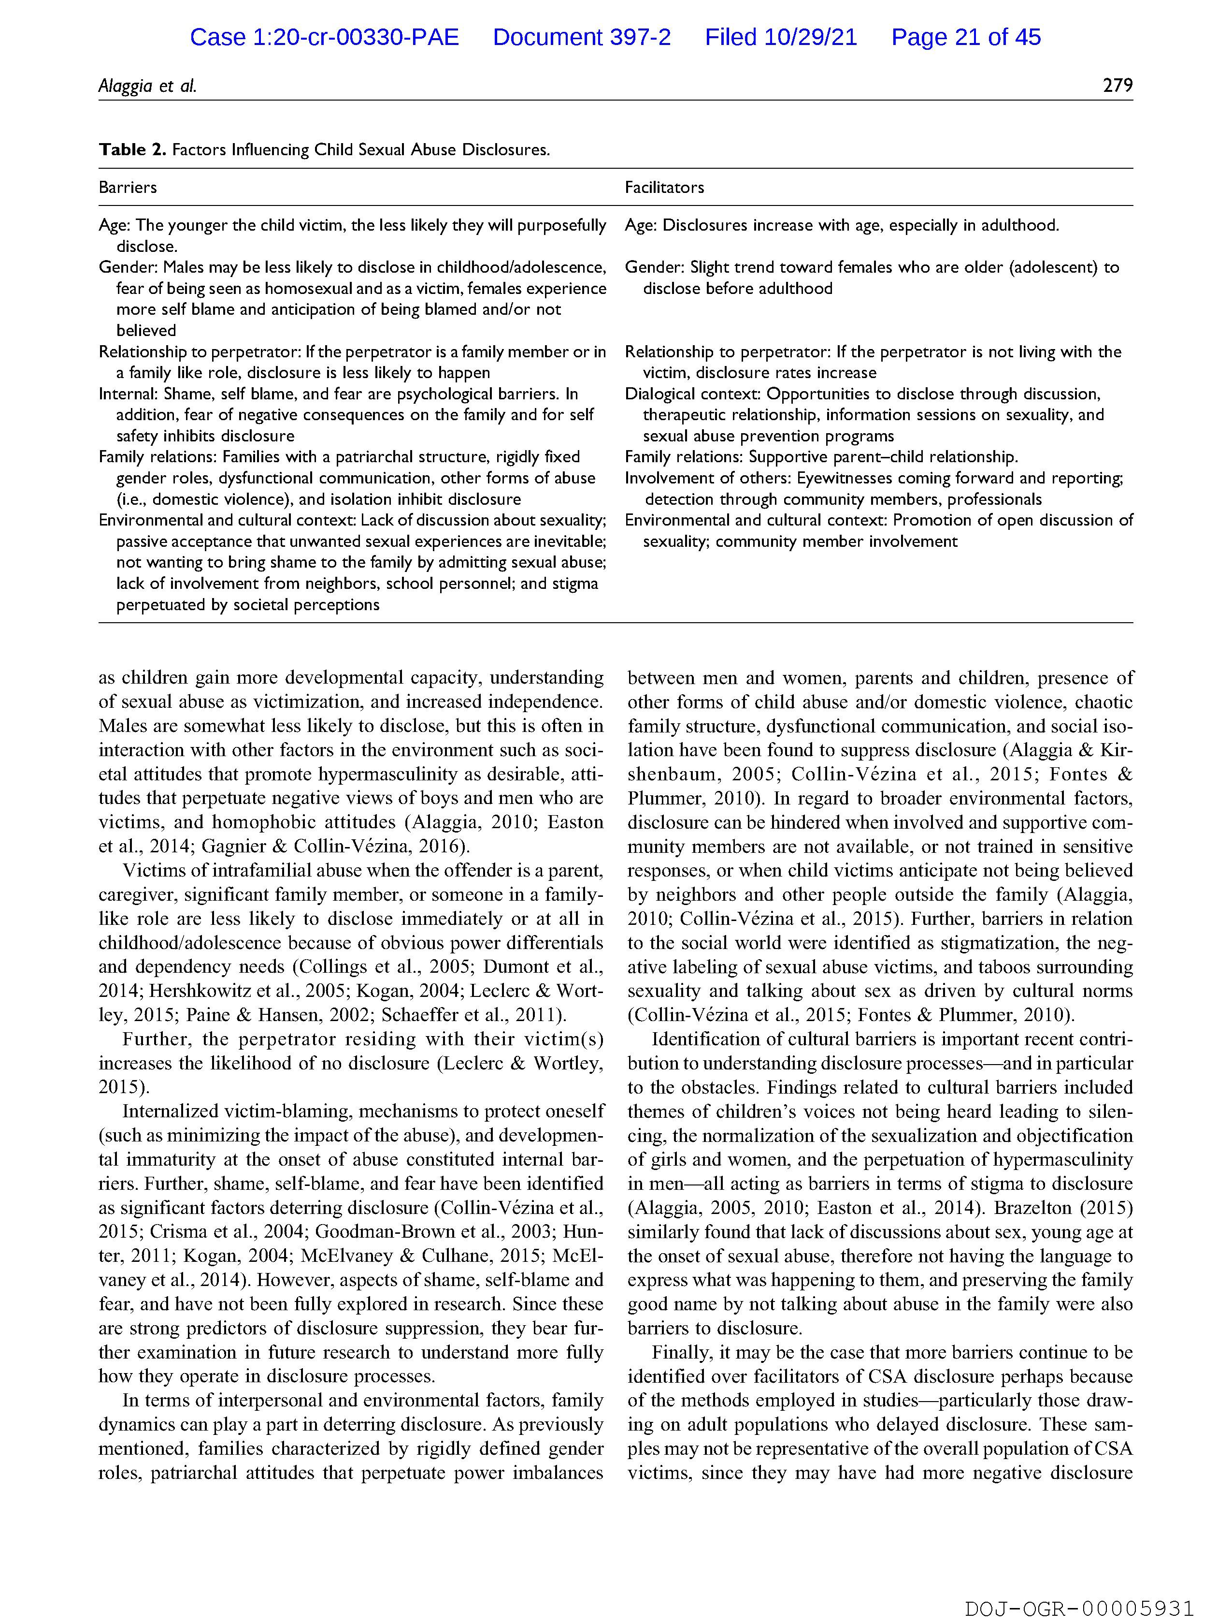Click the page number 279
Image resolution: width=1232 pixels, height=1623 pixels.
[x=1117, y=86]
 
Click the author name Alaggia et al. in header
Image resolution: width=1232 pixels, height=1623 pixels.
[x=147, y=86]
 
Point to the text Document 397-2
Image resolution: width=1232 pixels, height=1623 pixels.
[x=582, y=37]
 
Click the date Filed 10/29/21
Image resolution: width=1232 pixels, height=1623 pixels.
[x=781, y=37]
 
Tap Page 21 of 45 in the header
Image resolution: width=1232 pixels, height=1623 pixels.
[x=966, y=37]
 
